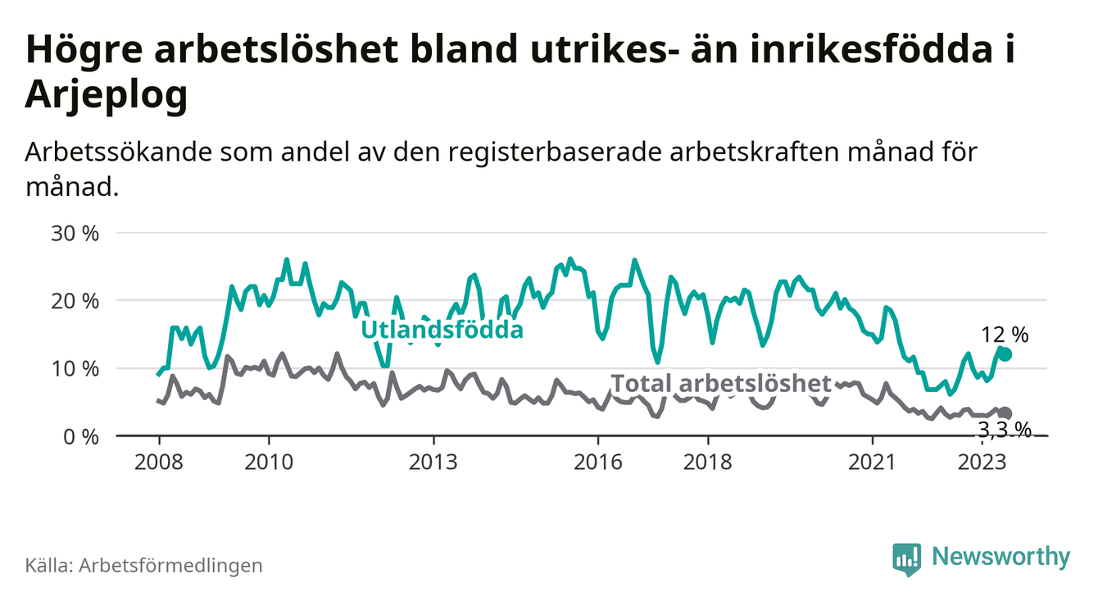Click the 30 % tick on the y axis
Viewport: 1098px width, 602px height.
[x=75, y=234]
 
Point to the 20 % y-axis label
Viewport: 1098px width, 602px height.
[x=75, y=301]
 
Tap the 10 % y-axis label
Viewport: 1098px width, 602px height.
[x=75, y=369]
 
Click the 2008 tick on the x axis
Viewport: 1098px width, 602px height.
[x=158, y=461]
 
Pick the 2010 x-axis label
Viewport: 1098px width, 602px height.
[x=269, y=461]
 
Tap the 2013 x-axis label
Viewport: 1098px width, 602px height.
[x=433, y=461]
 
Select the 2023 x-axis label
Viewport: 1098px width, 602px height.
[x=982, y=461]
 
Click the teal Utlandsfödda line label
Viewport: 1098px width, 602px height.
[x=442, y=331]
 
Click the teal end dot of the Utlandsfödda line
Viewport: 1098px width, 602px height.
[x=1005, y=354]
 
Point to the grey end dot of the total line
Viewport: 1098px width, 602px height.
[x=1005, y=413]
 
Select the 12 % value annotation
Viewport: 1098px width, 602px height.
[x=1005, y=335]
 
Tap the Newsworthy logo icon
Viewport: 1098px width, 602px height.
[x=906, y=559]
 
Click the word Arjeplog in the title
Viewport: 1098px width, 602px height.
[x=107, y=95]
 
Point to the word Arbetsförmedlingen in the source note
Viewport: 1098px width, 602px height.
[x=170, y=565]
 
